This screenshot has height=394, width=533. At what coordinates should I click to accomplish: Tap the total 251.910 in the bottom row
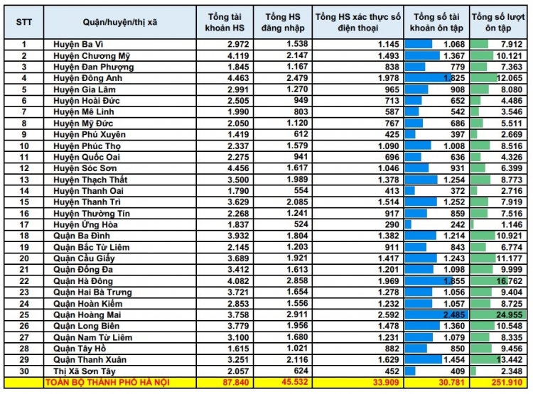point(506,383)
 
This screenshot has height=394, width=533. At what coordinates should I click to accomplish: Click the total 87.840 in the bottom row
point(223,383)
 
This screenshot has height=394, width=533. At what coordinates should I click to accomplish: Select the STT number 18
point(23,236)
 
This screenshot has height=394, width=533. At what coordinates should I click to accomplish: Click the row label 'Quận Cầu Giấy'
point(84,258)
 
